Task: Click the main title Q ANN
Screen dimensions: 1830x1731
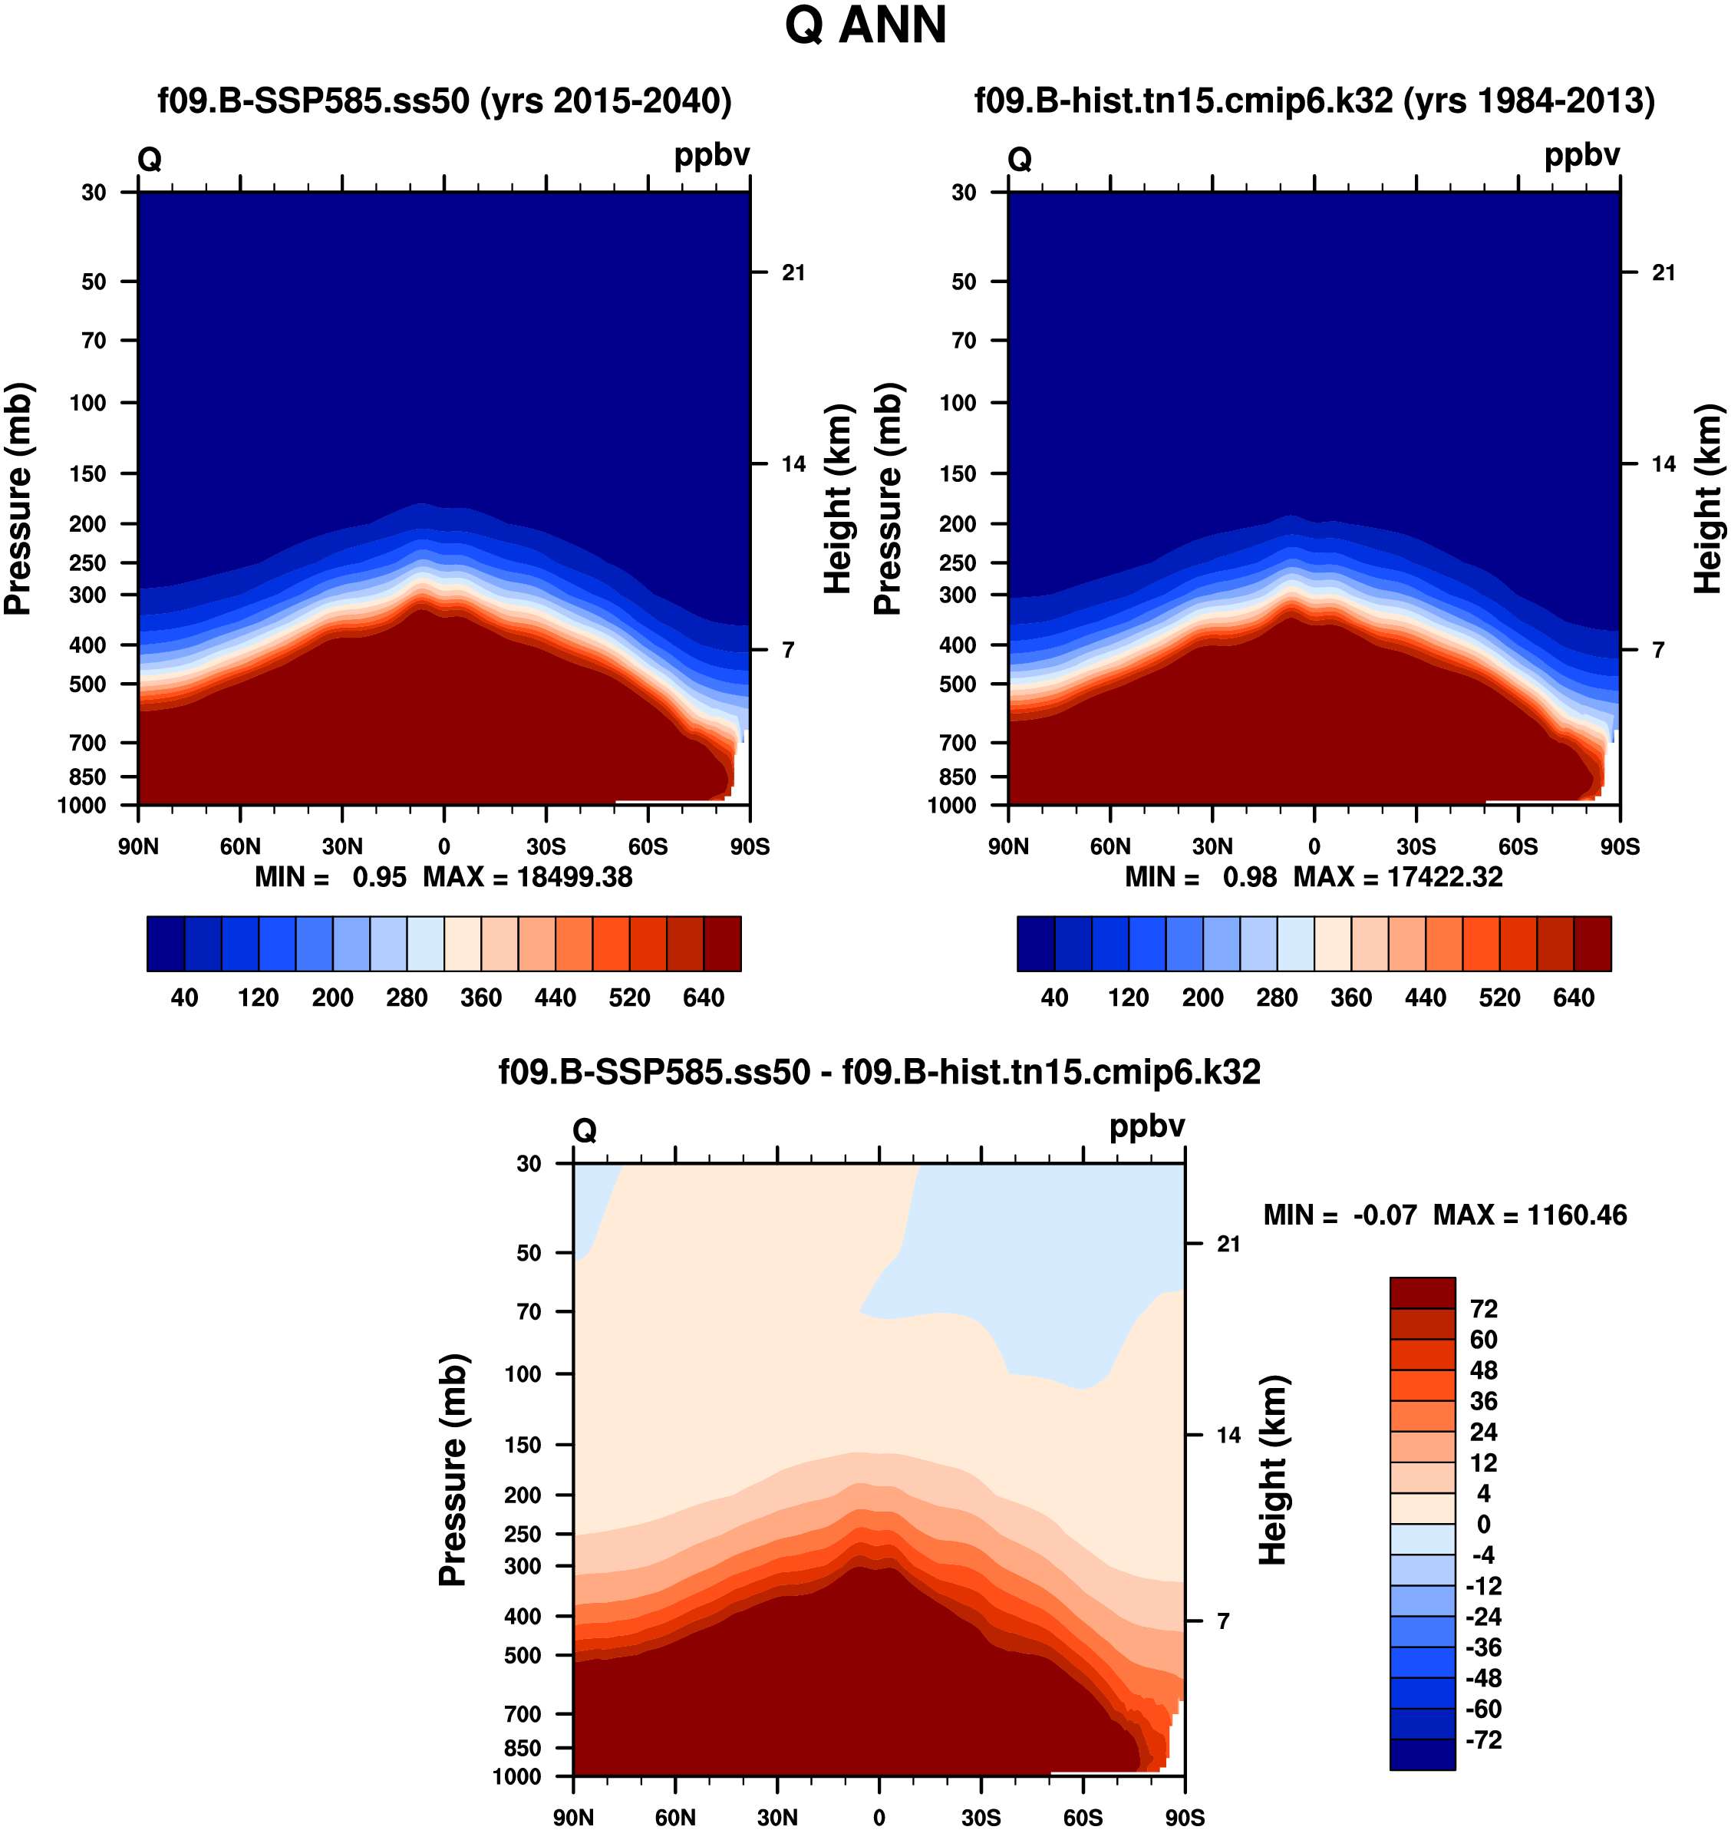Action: click(865, 26)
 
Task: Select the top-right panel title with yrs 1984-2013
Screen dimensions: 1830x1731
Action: click(1314, 101)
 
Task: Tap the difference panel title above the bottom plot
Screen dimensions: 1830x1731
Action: click(879, 1073)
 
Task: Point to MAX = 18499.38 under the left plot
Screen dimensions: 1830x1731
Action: click(527, 877)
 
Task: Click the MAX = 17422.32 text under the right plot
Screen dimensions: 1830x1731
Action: click(1397, 877)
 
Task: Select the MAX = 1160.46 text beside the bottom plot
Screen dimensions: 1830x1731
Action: click(1529, 1215)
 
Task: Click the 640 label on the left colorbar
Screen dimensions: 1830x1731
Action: click(703, 997)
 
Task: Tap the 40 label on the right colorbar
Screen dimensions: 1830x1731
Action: click(1053, 997)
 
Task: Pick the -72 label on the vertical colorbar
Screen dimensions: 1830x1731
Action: click(1484, 1740)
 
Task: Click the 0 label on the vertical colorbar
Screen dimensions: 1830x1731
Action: click(1483, 1525)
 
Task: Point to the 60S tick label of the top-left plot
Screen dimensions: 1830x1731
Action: click(648, 847)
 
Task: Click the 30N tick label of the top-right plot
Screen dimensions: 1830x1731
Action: click(1212, 847)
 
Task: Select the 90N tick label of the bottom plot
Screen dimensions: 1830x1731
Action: click(573, 1818)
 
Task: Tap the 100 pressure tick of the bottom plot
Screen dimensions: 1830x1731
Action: click(523, 1374)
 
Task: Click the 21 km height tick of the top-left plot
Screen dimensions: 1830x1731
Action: click(793, 273)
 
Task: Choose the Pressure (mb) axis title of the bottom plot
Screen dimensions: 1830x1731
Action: click(453, 1469)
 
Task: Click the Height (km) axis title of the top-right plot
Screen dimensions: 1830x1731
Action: click(1708, 498)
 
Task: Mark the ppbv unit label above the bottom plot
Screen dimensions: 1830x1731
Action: click(1146, 1127)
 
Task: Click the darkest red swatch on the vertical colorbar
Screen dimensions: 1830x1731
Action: click(1422, 1293)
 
